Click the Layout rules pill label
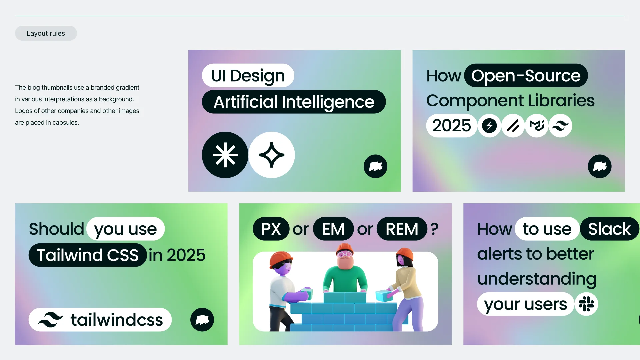pos(46,33)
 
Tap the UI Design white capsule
pos(248,75)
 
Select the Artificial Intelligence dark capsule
pos(294,102)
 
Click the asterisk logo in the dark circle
pos(225,155)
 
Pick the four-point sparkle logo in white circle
pos(272,155)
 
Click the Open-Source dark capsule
pos(526,75)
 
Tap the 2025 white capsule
pos(452,126)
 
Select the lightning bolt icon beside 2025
pos(489,126)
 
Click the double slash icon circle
pos(513,126)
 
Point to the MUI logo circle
pos(537,126)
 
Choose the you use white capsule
pos(126,229)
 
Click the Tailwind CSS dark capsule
pos(88,255)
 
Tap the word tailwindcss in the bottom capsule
pos(117,320)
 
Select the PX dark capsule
pos(271,229)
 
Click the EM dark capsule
pos(333,229)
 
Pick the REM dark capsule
pos(402,229)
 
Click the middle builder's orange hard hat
pos(345,249)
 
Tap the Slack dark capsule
pos(610,229)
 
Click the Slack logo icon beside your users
pos(586,304)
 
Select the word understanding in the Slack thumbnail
pos(537,279)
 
